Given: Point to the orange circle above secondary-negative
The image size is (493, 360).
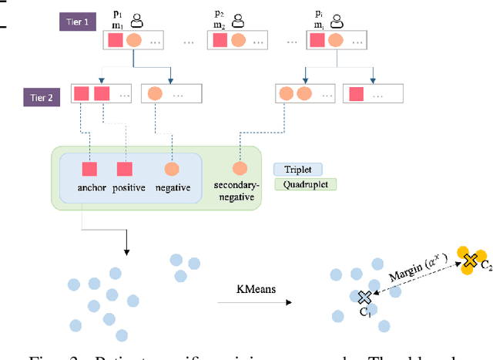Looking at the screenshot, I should click(x=240, y=167).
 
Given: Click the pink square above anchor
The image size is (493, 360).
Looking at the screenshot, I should click(x=89, y=169).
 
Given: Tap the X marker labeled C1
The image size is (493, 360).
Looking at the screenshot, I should click(x=364, y=297).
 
